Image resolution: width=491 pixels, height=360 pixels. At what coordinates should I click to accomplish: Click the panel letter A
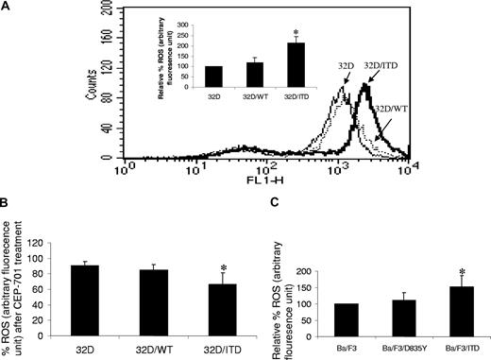(8, 8)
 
